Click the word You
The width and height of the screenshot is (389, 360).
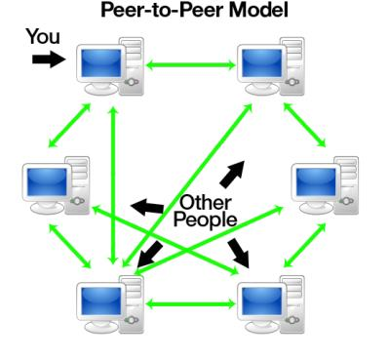[42, 37]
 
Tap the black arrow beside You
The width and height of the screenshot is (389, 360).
[45, 60]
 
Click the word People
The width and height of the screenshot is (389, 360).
[205, 220]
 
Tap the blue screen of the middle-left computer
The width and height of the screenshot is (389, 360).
[47, 183]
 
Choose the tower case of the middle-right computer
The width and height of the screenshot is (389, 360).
[346, 184]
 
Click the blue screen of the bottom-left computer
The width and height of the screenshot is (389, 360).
[98, 301]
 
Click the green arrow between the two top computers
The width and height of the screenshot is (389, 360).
[191, 66]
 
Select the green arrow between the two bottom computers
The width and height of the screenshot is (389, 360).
[192, 304]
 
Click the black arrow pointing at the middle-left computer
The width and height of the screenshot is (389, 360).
[147, 206]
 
